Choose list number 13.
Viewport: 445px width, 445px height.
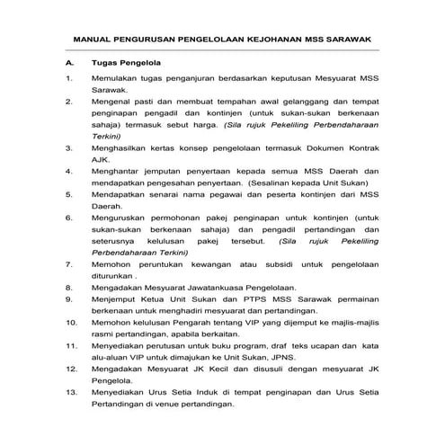point(71,391)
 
